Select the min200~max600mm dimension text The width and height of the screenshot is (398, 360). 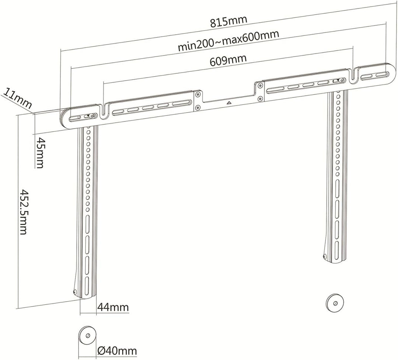228,41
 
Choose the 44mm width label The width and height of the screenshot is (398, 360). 113,307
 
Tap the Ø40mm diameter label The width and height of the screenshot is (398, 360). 117,351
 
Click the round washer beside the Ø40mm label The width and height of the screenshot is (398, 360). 87,335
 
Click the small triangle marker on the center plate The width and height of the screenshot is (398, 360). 229,103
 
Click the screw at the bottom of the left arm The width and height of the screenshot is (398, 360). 74,292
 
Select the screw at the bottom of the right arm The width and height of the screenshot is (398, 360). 325,257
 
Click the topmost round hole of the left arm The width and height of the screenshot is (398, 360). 88,132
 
